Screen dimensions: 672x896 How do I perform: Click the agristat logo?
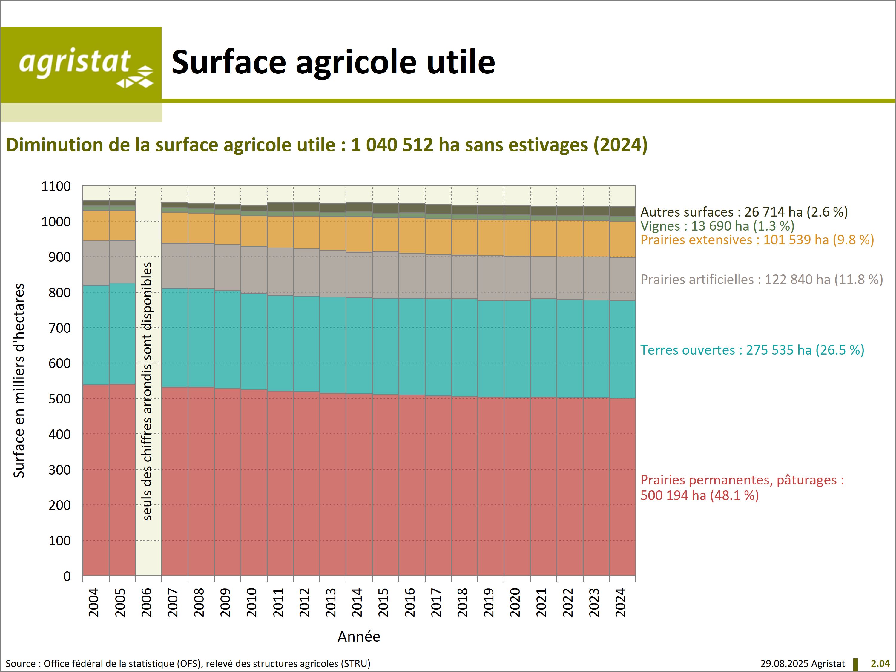[x=81, y=65]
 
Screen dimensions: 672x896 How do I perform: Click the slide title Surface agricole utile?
[x=333, y=62]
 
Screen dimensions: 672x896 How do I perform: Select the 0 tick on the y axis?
[x=67, y=576]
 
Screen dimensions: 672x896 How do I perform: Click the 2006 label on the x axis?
[x=146, y=602]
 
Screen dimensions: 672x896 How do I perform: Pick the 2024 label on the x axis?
[x=620, y=602]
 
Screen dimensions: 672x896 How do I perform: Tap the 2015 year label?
[x=383, y=602]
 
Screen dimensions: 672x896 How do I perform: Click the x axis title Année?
[x=359, y=636]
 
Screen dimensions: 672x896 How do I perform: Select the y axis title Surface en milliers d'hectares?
[x=19, y=381]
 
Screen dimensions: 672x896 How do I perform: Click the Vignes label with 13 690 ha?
[x=717, y=226]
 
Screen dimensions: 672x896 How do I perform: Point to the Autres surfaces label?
[x=744, y=212]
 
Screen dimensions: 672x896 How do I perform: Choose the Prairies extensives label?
[x=757, y=240]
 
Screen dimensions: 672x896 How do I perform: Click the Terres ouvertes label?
[x=752, y=350]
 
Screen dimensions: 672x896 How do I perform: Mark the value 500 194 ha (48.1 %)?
[x=699, y=495]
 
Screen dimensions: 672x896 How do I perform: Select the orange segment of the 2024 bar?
[x=622, y=239]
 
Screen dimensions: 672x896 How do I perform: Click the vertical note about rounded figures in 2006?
[x=148, y=391]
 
